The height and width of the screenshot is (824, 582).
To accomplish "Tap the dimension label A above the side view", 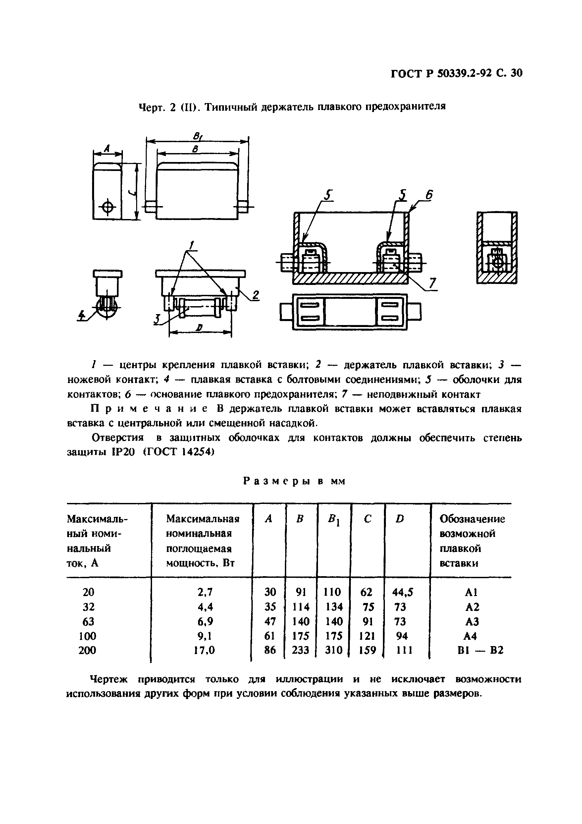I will (x=107, y=147).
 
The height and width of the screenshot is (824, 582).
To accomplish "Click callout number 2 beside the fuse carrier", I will (x=255, y=295).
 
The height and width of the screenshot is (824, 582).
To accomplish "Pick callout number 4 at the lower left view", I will (x=82, y=315).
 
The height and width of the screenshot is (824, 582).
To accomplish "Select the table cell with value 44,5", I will (x=402, y=592).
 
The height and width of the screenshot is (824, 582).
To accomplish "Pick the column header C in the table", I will (x=367, y=519).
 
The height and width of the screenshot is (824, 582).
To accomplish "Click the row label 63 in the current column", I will (x=88, y=621).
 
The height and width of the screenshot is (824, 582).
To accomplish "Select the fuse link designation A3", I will (x=471, y=621).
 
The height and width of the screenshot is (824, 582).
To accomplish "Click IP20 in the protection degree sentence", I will (x=118, y=453).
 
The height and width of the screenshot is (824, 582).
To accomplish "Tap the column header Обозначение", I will (x=472, y=519).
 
